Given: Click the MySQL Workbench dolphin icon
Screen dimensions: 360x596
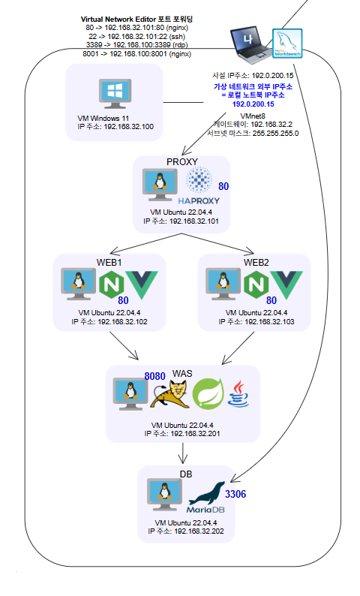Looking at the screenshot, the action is (287, 44).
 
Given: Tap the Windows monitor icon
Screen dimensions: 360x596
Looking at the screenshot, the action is (115, 94).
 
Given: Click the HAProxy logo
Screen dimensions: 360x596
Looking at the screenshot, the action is (199, 185).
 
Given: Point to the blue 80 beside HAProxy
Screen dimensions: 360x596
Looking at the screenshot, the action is (223, 186).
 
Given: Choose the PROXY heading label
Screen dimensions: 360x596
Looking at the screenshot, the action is (182, 161).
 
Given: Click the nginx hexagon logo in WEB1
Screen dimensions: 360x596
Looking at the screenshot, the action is (112, 284).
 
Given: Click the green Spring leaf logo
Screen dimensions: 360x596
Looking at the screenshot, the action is (208, 395).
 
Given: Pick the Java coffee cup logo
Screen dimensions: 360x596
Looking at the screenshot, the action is (238, 394).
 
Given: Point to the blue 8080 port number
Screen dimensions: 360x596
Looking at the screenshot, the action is (154, 376).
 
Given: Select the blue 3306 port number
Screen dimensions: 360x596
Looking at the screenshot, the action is (235, 494).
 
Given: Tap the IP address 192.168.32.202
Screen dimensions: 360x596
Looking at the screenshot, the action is (199, 531).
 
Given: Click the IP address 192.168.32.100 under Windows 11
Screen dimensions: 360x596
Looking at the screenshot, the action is (129, 127).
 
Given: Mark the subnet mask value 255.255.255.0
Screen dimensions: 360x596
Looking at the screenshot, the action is (276, 134).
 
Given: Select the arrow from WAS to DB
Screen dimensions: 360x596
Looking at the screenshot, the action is (183, 453).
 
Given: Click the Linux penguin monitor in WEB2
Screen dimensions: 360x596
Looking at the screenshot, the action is (223, 284).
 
